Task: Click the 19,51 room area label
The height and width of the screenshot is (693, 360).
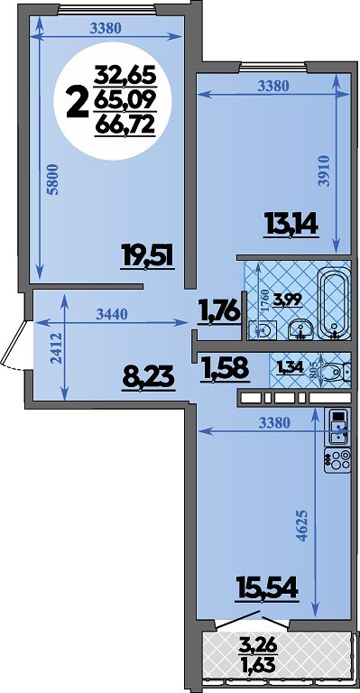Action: tap(148, 257)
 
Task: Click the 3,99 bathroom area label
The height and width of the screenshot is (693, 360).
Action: tap(288, 300)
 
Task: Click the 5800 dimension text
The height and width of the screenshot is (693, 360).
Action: tap(53, 179)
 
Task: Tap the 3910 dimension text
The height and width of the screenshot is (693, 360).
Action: tap(326, 171)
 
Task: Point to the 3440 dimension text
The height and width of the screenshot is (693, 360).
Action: tap(112, 314)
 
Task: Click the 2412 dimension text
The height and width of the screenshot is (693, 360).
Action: tap(56, 348)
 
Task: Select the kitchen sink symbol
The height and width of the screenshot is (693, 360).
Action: tap(337, 426)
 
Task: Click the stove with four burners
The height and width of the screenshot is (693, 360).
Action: tap(337, 460)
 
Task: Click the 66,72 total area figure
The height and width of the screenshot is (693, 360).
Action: tap(125, 126)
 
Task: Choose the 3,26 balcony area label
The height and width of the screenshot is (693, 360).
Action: tap(258, 647)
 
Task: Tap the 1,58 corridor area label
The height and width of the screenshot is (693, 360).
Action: tap(226, 369)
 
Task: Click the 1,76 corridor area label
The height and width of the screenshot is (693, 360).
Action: tap(219, 311)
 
